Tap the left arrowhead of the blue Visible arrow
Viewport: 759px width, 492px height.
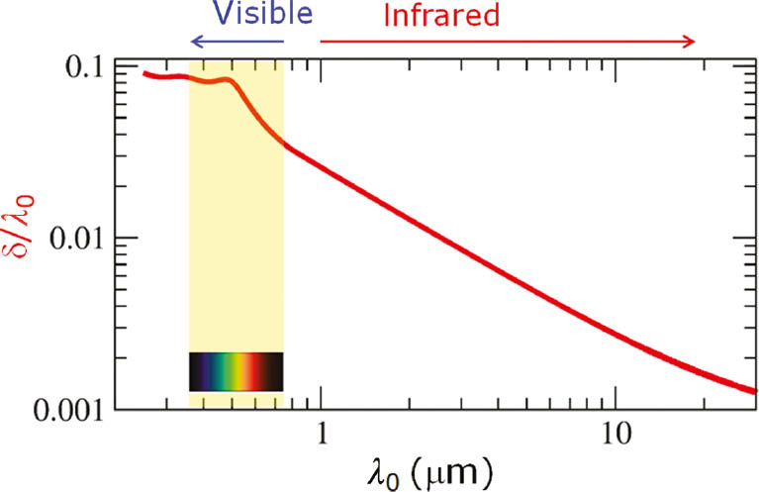pos(194,41)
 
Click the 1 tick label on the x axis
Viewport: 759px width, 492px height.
pos(321,432)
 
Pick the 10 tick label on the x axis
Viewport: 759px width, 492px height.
pos(616,432)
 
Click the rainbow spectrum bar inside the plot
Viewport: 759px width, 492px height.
pos(237,371)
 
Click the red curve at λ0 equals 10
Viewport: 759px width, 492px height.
pos(616,335)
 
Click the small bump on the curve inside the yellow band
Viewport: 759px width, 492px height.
pos(227,79)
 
